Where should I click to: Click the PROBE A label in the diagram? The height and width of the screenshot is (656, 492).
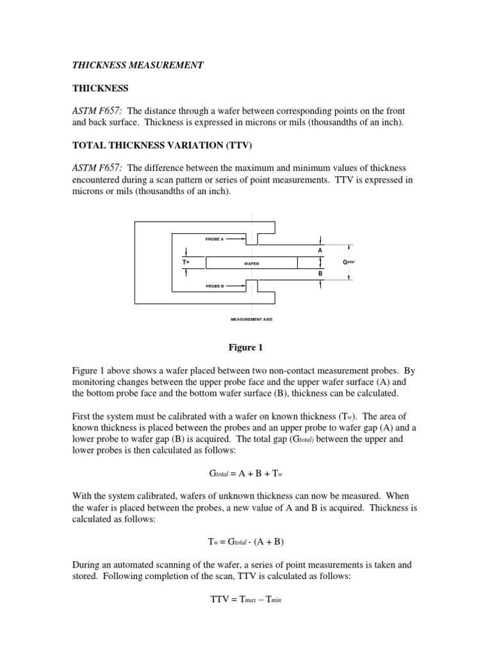point(214,239)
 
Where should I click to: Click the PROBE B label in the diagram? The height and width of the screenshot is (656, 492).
point(214,286)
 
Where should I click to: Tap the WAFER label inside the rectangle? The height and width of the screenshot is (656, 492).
point(251,263)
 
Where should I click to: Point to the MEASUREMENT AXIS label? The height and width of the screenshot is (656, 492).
point(251,319)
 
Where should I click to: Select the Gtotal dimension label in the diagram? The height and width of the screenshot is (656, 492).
point(349,262)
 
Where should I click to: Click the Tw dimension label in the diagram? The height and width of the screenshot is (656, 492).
point(185,262)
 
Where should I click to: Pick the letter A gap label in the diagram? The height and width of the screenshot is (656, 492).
point(320,250)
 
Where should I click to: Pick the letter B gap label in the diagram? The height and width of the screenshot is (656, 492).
point(320,274)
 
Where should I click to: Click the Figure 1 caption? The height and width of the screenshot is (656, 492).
point(246,348)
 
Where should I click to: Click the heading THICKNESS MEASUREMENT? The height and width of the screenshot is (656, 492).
point(137,65)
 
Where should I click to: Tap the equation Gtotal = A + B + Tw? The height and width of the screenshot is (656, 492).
point(246,474)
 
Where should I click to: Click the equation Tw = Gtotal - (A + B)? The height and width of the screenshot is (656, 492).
point(246,541)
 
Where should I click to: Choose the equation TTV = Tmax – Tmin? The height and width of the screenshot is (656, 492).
point(246,600)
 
